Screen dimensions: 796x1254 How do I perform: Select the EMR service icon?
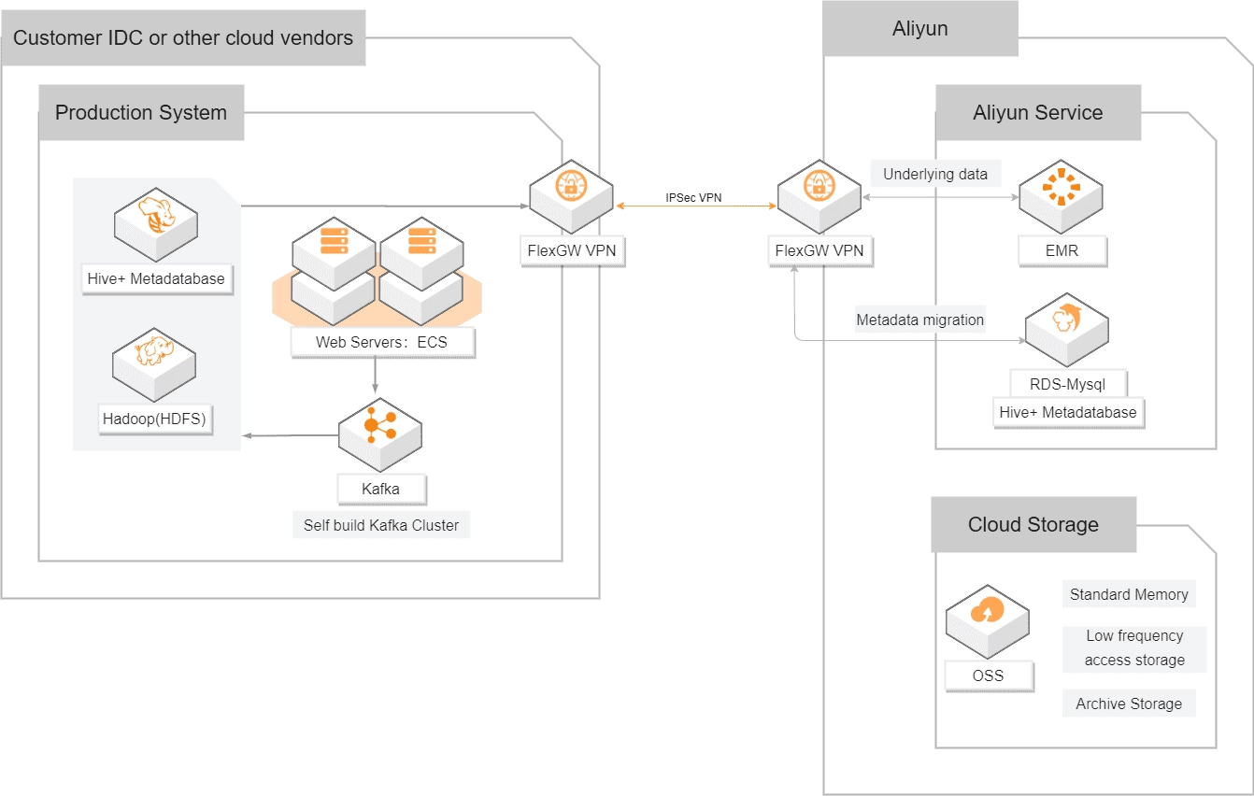(1061, 192)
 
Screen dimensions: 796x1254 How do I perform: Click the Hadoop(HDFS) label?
(155, 419)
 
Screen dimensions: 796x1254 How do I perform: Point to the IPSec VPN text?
(693, 198)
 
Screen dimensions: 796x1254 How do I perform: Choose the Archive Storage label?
(1128, 704)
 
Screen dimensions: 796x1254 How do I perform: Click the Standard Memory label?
(1128, 594)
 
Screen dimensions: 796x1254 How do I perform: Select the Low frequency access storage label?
(1134, 647)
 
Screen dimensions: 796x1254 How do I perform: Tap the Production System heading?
(141, 113)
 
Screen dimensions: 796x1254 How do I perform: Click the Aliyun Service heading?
(1037, 113)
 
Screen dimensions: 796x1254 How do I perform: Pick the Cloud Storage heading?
(1033, 524)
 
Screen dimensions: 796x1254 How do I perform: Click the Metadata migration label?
(919, 320)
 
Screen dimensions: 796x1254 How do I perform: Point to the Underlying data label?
(934, 174)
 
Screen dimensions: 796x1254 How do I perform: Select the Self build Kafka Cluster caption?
(381, 525)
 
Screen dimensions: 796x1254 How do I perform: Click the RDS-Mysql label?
(1067, 383)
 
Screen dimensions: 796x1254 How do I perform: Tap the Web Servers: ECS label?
(381, 342)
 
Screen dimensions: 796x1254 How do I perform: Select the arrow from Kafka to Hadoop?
(290, 435)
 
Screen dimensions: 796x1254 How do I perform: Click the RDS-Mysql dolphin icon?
(1066, 323)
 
